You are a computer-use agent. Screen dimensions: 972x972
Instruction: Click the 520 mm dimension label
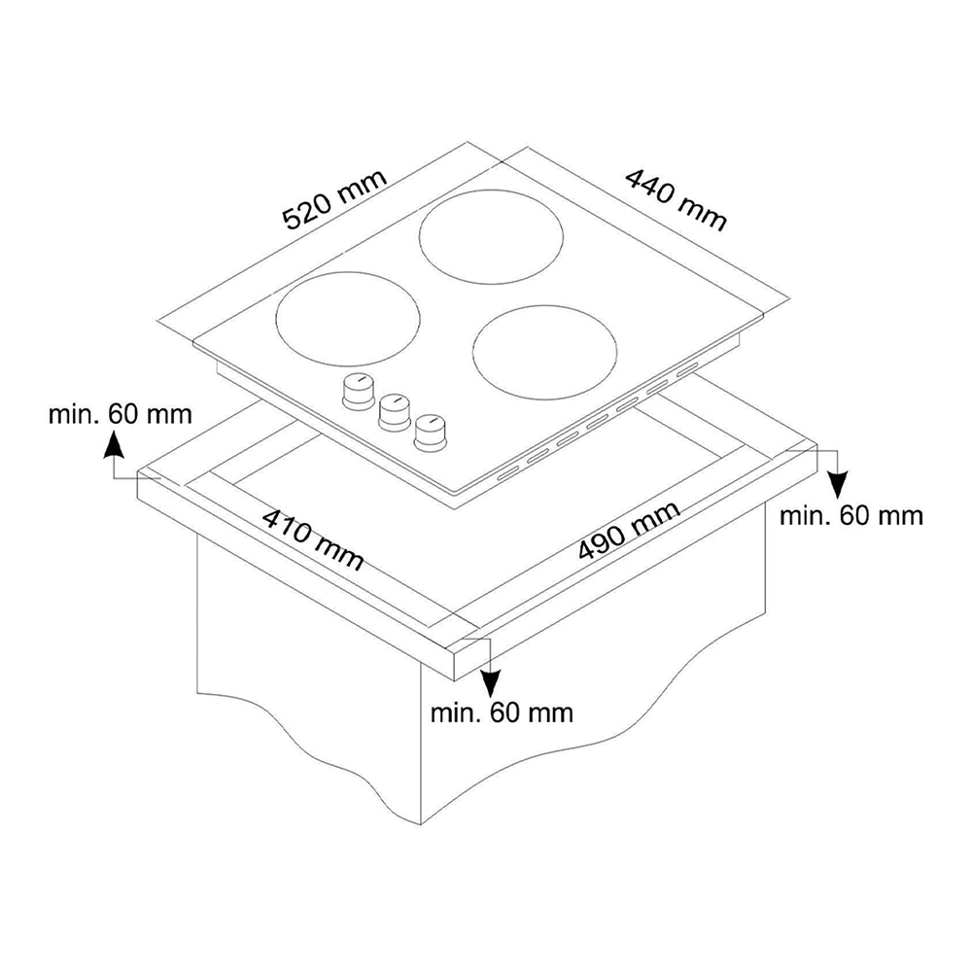334,198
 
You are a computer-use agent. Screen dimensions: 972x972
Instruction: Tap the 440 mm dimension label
676,199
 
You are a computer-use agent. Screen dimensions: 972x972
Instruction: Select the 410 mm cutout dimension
312,538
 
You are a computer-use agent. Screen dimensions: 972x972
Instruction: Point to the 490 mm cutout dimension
629,531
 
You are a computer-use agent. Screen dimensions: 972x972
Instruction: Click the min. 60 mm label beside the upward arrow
121,413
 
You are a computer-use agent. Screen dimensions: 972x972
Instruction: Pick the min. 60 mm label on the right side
851,515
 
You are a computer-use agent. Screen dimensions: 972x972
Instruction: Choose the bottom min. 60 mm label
502,712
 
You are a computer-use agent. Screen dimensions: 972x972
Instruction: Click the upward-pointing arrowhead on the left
112,445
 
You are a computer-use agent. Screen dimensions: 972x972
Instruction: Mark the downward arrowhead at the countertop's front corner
490,684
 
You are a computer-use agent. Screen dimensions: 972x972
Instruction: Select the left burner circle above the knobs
347,318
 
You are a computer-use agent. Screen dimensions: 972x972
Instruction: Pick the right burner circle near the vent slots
544,352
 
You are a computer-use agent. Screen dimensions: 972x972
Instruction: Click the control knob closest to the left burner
359,392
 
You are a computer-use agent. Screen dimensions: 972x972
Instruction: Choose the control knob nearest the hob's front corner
431,433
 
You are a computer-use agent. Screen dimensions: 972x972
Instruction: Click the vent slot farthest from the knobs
687,370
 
